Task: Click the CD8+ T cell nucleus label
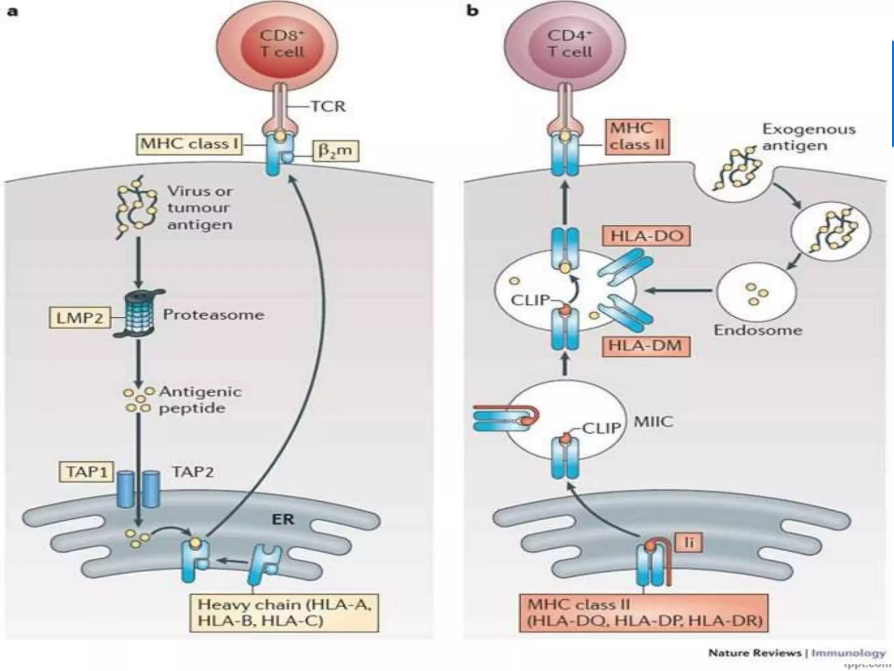tap(282, 44)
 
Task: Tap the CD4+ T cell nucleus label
tap(570, 44)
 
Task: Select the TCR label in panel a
tap(328, 106)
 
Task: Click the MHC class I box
tap(189, 144)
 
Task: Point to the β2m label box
tap(335, 151)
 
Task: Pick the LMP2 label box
tap(80, 318)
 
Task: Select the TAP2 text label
tap(193, 472)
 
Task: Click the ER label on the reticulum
tap(283, 519)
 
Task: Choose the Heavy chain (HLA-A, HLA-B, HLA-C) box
tap(284, 612)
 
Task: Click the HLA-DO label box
tap(646, 236)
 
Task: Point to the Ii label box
tap(689, 543)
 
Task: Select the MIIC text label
tap(653, 422)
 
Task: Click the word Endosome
tap(758, 330)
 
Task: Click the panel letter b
tap(472, 10)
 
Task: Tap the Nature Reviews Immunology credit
tap(797, 654)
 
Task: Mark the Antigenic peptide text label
tap(200, 400)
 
